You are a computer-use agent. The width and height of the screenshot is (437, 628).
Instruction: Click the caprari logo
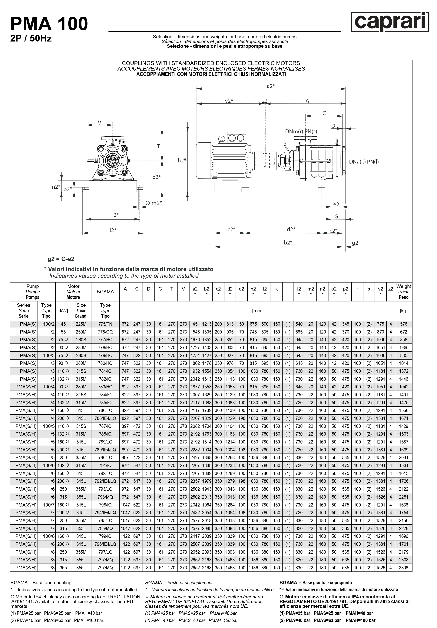pyautogui.click(x=390, y=22)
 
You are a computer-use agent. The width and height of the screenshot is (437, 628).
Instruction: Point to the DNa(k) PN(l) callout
pyautogui.click(x=364, y=162)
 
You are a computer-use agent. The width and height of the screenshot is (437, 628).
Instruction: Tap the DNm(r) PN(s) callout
pyautogui.click(x=301, y=131)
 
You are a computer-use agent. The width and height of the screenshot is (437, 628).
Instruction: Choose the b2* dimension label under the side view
pyautogui.click(x=288, y=243)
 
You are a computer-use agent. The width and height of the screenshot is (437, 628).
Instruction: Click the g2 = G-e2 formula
pyautogui.click(x=61, y=259)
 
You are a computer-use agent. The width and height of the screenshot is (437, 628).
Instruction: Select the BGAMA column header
pyautogui.click(x=105, y=292)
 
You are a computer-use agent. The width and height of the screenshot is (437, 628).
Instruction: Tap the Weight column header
pyautogui.click(x=403, y=292)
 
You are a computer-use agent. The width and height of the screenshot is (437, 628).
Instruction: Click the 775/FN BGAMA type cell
pyautogui.click(x=105, y=324)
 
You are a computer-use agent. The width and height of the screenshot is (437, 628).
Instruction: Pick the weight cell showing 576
pyautogui.click(x=403, y=324)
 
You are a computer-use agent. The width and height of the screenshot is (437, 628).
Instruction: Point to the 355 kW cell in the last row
pyautogui.click(x=63, y=568)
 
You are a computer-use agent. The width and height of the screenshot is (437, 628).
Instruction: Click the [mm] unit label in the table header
pyautogui.click(x=257, y=311)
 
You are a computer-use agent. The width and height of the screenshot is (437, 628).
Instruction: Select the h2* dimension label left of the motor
pyautogui.click(x=182, y=161)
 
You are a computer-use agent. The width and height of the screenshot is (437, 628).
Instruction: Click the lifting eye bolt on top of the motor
pyautogui.click(x=221, y=140)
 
